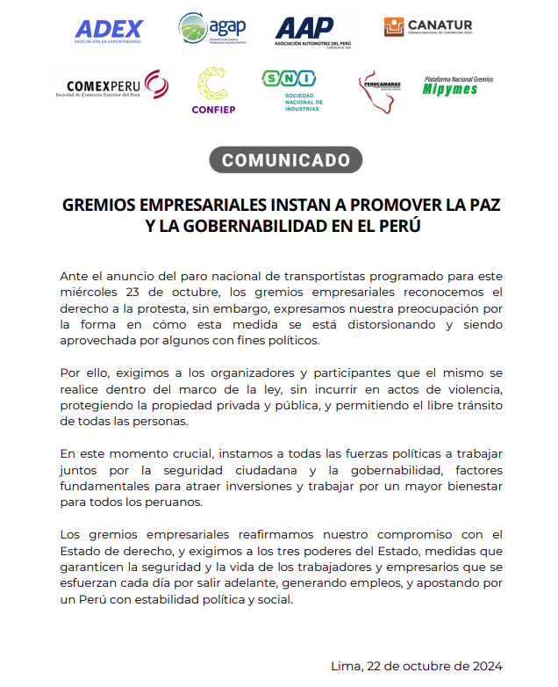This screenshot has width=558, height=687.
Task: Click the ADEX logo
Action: pos(109,32)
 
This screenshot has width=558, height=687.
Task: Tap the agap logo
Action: pos(211,31)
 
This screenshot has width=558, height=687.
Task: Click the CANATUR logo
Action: pos(428,27)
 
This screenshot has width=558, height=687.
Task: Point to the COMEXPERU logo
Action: pos(111,86)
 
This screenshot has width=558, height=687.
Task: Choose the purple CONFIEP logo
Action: pos(213,90)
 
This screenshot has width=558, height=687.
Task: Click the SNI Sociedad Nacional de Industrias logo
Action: pos(293,90)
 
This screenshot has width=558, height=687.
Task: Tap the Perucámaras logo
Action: pos(379,89)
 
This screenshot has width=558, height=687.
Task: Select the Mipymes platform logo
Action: pos(458,85)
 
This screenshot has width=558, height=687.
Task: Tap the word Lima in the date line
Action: pos(346,665)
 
